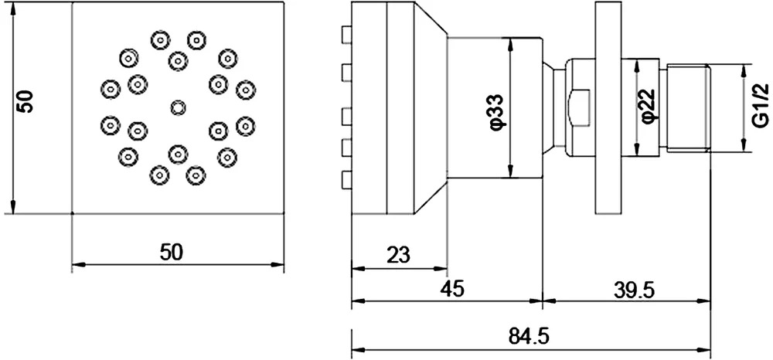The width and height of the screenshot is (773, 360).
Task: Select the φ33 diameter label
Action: pos(497,110)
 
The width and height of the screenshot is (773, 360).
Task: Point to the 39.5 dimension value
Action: pos(634,290)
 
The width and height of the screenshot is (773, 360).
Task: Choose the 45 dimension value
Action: pos(452,289)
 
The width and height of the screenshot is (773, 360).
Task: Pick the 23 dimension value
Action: pos(398,255)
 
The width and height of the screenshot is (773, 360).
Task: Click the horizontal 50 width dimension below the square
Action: pos(171,252)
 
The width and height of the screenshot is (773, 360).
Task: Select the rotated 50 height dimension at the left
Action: pos(24,102)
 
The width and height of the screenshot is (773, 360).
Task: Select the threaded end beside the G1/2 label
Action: pos(688,107)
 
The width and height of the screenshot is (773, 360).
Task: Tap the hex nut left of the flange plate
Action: pos(580,107)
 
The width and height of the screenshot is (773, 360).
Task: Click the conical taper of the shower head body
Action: pos(430,108)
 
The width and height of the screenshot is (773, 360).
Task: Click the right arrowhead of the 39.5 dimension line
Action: pos(706,301)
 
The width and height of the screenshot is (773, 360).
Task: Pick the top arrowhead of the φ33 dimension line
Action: pos(510,42)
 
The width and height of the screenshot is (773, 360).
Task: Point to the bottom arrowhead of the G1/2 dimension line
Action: pos(744,146)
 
